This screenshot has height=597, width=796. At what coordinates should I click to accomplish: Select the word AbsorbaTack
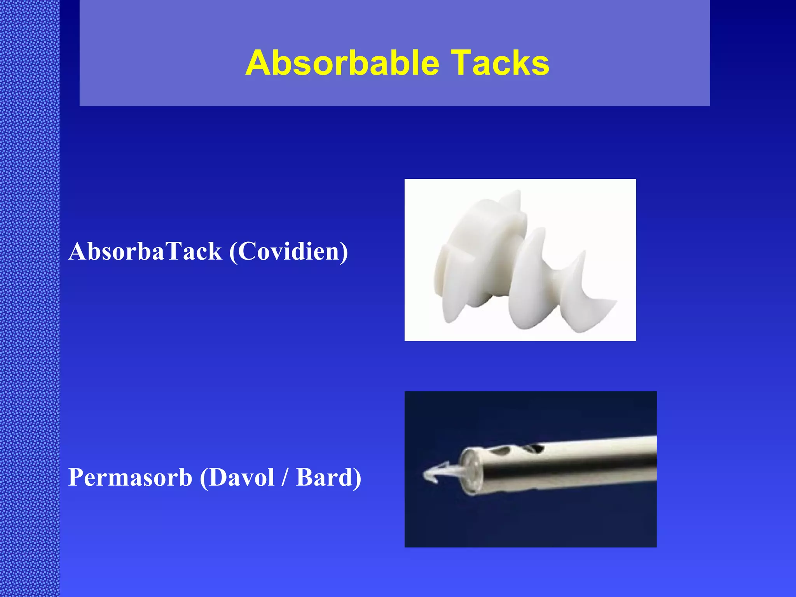pyautogui.click(x=145, y=251)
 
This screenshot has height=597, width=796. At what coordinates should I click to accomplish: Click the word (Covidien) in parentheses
pyautogui.click(x=288, y=252)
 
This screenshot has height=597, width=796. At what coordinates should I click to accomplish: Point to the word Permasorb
pyautogui.click(x=130, y=477)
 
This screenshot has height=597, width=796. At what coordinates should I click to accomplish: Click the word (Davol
pyautogui.click(x=237, y=477)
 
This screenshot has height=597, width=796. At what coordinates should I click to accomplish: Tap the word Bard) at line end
pyautogui.click(x=328, y=477)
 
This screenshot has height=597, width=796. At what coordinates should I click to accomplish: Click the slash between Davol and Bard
pyautogui.click(x=285, y=477)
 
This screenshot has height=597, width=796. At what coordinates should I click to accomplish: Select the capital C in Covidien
pyautogui.click(x=246, y=252)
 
